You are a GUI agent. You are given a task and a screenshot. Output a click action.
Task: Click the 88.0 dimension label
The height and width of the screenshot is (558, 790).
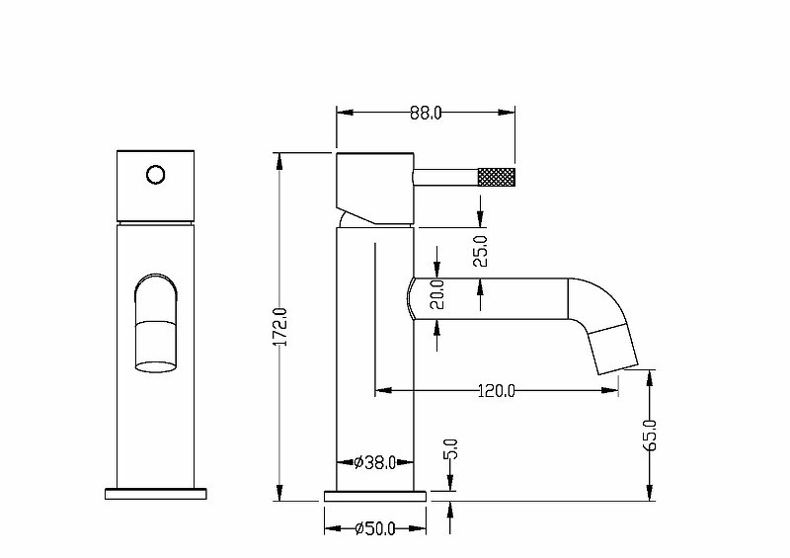(x=426, y=113)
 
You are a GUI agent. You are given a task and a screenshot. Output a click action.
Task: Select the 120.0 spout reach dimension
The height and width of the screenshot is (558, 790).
(x=497, y=391)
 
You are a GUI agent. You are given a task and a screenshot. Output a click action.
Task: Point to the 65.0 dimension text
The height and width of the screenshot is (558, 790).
(x=651, y=435)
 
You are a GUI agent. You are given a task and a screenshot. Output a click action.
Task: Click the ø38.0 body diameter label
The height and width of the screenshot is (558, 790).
(x=375, y=462)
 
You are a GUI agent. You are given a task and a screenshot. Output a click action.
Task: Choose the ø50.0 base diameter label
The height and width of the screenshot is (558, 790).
(x=375, y=528)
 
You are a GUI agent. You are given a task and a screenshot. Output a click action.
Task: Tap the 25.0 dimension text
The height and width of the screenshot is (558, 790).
(x=481, y=251)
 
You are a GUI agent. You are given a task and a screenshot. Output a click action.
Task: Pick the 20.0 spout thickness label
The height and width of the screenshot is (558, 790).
(x=437, y=294)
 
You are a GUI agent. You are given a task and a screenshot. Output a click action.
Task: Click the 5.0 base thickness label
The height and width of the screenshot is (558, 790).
(x=451, y=448)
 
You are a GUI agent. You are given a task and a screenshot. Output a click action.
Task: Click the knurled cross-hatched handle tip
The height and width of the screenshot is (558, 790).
(x=497, y=177)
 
